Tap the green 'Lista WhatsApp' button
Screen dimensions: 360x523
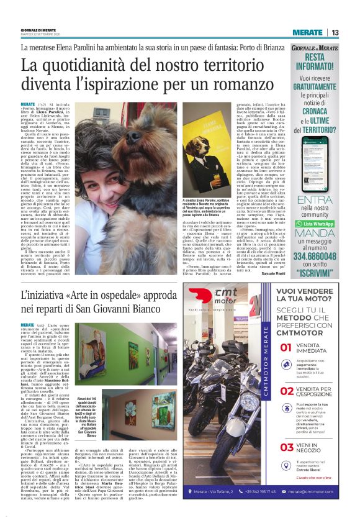coord(323,206)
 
